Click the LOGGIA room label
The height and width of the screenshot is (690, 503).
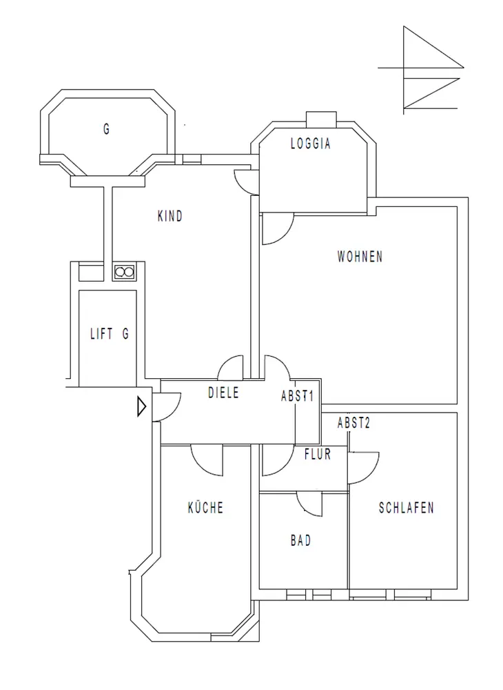tap(311, 144)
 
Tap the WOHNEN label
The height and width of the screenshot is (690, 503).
tap(360, 256)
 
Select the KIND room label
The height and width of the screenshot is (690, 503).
tap(170, 216)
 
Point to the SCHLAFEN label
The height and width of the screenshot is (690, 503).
tap(406, 508)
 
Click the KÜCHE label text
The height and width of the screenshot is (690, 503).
tap(205, 507)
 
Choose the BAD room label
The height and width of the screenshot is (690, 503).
tap(301, 540)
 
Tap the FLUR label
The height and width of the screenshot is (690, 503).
tap(318, 454)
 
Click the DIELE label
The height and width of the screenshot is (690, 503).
tap(224, 393)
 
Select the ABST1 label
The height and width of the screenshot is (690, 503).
tap(298, 395)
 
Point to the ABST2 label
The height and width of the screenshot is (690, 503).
tap(353, 423)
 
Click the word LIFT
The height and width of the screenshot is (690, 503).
tap(101, 333)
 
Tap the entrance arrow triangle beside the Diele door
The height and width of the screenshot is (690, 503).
tap(141, 406)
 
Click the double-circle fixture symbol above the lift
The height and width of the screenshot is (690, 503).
tap(124, 273)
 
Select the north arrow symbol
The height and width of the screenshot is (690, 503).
tap(421, 70)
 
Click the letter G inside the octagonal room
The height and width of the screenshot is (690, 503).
tap(106, 130)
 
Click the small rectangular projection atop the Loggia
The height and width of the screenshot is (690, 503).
tap(321, 119)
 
